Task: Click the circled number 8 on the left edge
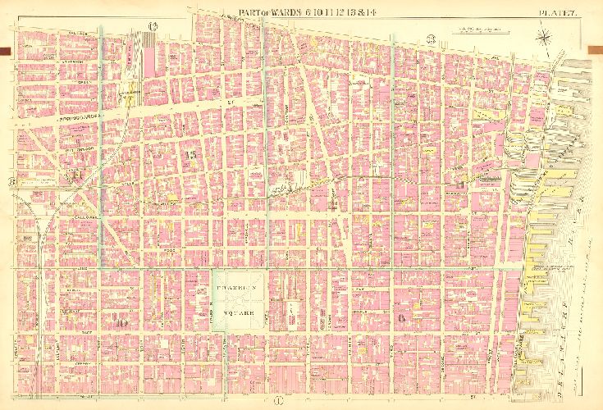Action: (12, 181)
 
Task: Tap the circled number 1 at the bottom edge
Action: (279, 400)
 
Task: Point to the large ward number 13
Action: (192, 154)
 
